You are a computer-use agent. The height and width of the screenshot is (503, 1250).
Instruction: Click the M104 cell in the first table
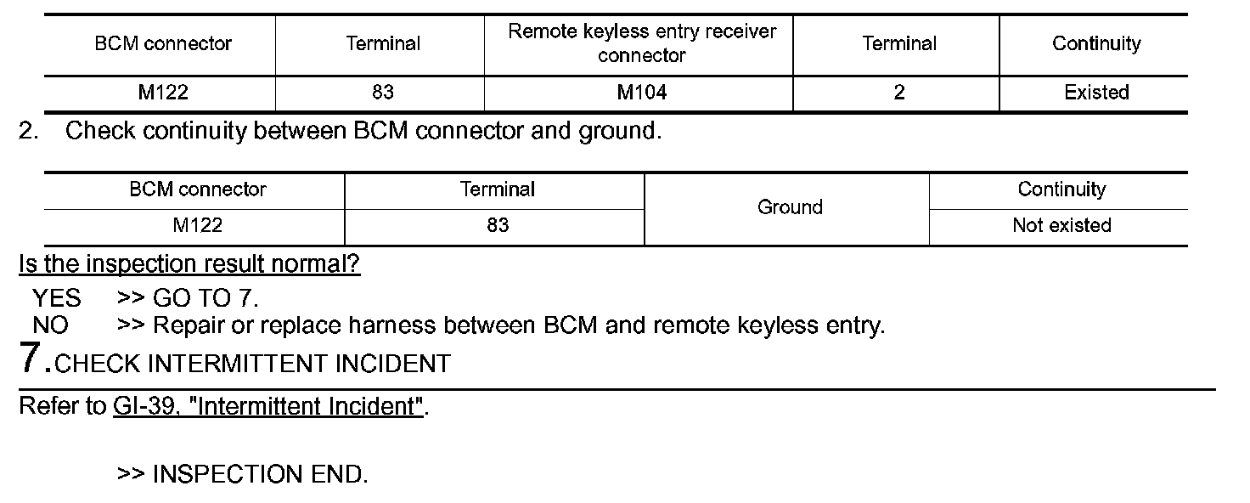pos(641,93)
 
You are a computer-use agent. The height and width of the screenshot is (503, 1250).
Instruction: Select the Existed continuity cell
pos(1096,93)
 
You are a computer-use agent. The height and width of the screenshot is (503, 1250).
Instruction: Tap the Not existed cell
pos(1061,225)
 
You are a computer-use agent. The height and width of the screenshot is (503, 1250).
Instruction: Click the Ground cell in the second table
pos(790,207)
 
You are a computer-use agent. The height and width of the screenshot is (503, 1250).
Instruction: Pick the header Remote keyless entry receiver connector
pos(641,43)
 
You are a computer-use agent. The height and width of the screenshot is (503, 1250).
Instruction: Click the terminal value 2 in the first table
pos(898,93)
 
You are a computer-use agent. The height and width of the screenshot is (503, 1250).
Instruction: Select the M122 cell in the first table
pos(163,93)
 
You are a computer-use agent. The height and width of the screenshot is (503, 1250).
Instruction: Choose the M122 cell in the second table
pos(197,225)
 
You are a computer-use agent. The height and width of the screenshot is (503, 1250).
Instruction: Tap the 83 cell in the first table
pos(382,93)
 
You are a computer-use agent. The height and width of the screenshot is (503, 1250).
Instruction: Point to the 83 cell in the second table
pos(498,225)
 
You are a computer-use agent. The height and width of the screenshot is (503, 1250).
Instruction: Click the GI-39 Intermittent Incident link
pos(267,406)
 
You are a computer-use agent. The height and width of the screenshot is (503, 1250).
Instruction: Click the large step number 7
pos(31,359)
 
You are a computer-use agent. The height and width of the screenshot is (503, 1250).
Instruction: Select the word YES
pos(57,298)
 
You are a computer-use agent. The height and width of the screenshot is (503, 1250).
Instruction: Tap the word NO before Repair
pos(51,325)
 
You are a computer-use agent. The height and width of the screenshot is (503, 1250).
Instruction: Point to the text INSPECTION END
pos(260,474)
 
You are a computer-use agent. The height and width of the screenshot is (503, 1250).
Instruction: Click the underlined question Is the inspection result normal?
pos(189,264)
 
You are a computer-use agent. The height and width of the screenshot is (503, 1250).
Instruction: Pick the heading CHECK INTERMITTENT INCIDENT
pos(252,364)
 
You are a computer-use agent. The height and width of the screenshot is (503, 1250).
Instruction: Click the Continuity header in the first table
pos(1096,43)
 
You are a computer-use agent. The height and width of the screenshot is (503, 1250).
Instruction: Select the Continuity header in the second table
pos(1061,189)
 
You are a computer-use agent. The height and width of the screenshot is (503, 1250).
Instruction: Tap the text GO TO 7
pos(206,298)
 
